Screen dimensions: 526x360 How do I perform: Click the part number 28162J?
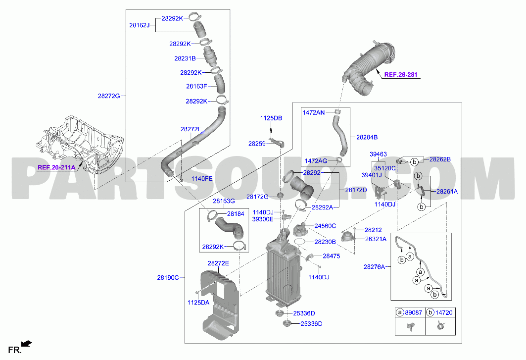click(x=139, y=25)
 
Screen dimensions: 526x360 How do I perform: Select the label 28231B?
click(x=185, y=58)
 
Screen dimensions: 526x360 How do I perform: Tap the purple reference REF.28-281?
click(x=400, y=75)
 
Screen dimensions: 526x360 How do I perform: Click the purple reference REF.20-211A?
click(x=56, y=167)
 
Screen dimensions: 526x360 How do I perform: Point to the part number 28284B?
click(x=367, y=137)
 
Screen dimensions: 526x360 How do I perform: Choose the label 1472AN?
click(x=314, y=112)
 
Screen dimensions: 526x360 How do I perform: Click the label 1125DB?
click(x=271, y=118)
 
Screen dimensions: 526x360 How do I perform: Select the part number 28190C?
click(x=168, y=278)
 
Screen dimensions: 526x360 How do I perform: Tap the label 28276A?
click(x=375, y=266)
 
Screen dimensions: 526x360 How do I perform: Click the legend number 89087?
click(x=414, y=312)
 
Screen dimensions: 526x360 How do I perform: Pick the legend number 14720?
click(x=444, y=312)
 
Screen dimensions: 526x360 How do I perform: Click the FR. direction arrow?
click(x=27, y=343)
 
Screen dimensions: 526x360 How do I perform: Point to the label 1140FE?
click(x=202, y=179)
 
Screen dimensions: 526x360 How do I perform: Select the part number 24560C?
click(x=325, y=226)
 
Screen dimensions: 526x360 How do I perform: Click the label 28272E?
click(x=218, y=263)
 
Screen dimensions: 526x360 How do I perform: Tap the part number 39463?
click(x=378, y=154)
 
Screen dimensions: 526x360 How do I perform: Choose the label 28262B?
click(x=440, y=159)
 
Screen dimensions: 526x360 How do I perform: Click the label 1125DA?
click(x=198, y=303)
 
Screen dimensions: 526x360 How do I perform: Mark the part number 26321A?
click(x=376, y=239)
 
